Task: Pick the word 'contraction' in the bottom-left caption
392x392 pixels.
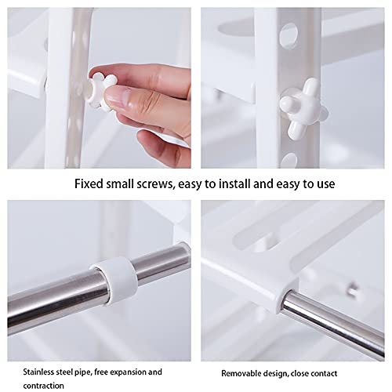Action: pos(43,386)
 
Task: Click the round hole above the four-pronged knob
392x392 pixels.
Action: pos(289,34)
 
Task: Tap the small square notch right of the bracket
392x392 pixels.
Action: pos(352,289)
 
